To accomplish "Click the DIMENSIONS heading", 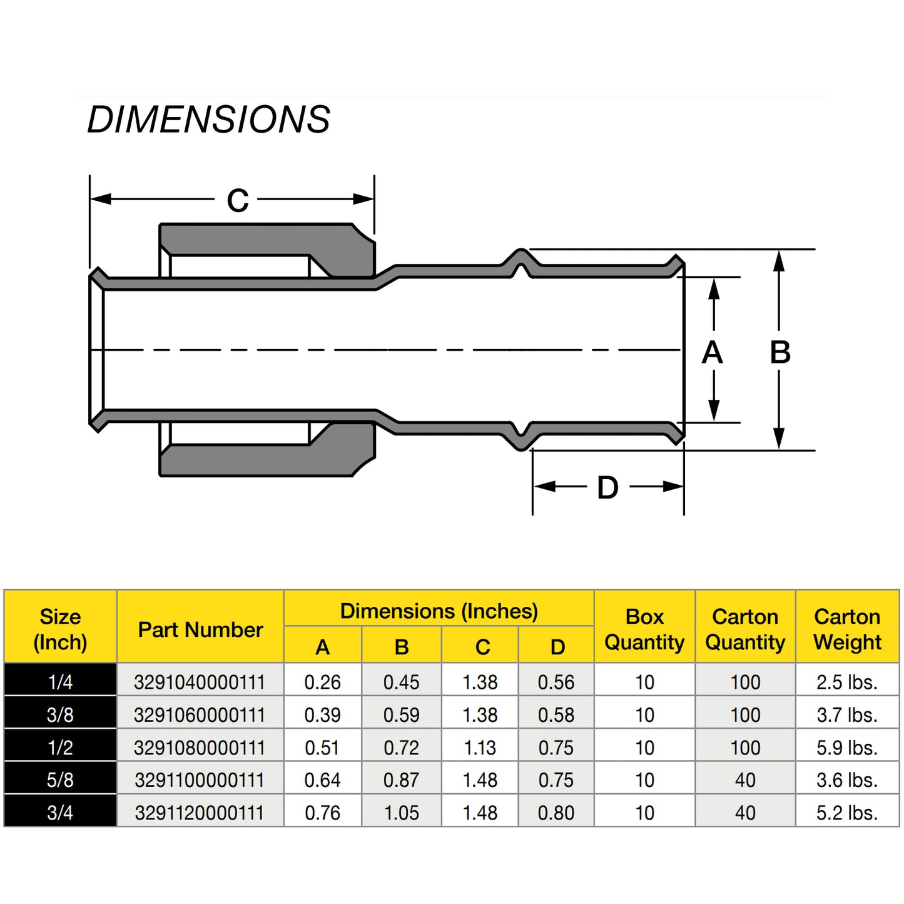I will pyautogui.click(x=208, y=119).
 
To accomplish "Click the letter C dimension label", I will pyautogui.click(x=238, y=201).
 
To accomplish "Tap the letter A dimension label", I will pyautogui.click(x=713, y=352).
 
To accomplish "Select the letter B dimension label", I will pyautogui.click(x=780, y=352).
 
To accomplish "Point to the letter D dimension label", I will pyautogui.click(x=607, y=488).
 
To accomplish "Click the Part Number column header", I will pyautogui.click(x=200, y=629).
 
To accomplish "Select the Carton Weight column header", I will pyautogui.click(x=847, y=629).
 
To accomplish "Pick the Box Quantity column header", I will pyautogui.click(x=644, y=629).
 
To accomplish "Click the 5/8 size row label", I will pyautogui.click(x=60, y=780).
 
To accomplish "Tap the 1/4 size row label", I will pyautogui.click(x=60, y=682).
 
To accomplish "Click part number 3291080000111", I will pyautogui.click(x=200, y=748).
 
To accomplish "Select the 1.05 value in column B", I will pyautogui.click(x=401, y=813).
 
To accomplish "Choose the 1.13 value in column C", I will pyautogui.click(x=480, y=748).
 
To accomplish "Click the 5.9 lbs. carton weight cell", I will pyautogui.click(x=847, y=748).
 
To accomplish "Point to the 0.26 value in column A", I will pyautogui.click(x=322, y=682).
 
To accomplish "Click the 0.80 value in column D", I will pyautogui.click(x=556, y=813).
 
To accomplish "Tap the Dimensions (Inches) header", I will pyautogui.click(x=439, y=611).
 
